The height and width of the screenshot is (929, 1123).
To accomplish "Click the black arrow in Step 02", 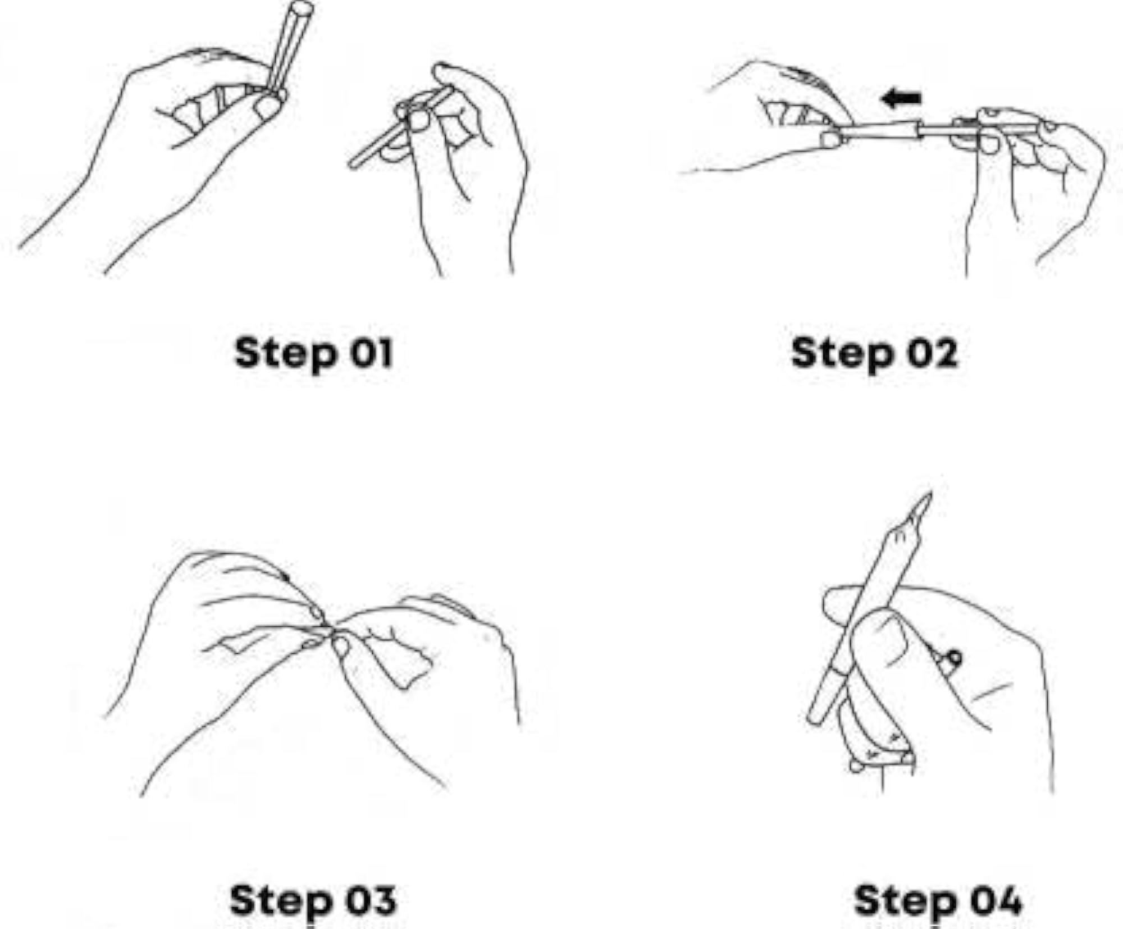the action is [901, 99].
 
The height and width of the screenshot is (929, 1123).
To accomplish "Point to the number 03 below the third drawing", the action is [371, 900].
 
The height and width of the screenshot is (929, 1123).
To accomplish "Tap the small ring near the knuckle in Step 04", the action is [954, 658].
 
